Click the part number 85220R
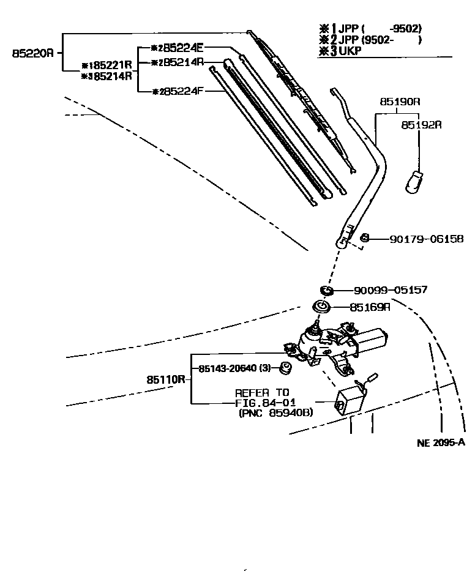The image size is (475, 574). (x=33, y=53)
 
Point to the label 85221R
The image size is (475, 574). (x=110, y=65)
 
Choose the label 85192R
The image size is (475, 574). (x=421, y=124)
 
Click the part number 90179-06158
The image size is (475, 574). (x=427, y=239)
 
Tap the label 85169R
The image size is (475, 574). (x=370, y=307)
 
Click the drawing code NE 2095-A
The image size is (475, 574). (x=441, y=444)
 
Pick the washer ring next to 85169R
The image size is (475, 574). (x=321, y=307)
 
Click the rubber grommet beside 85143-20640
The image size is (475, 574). (x=284, y=368)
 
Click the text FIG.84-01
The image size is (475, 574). (x=266, y=403)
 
